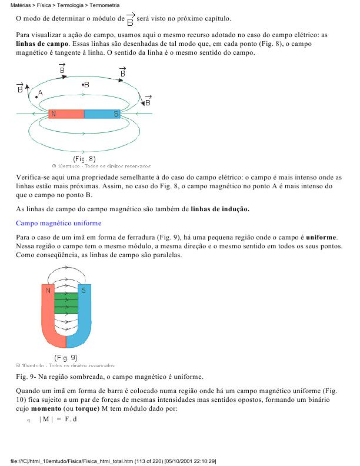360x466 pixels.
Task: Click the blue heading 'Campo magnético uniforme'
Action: tap(58, 223)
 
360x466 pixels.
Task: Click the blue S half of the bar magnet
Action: tap(102, 114)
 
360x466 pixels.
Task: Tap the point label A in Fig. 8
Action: tap(41, 93)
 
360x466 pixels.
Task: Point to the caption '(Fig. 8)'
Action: tap(84, 159)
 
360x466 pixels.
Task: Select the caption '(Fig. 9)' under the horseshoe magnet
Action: tap(65, 357)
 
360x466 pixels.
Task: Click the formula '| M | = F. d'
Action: tap(58, 419)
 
